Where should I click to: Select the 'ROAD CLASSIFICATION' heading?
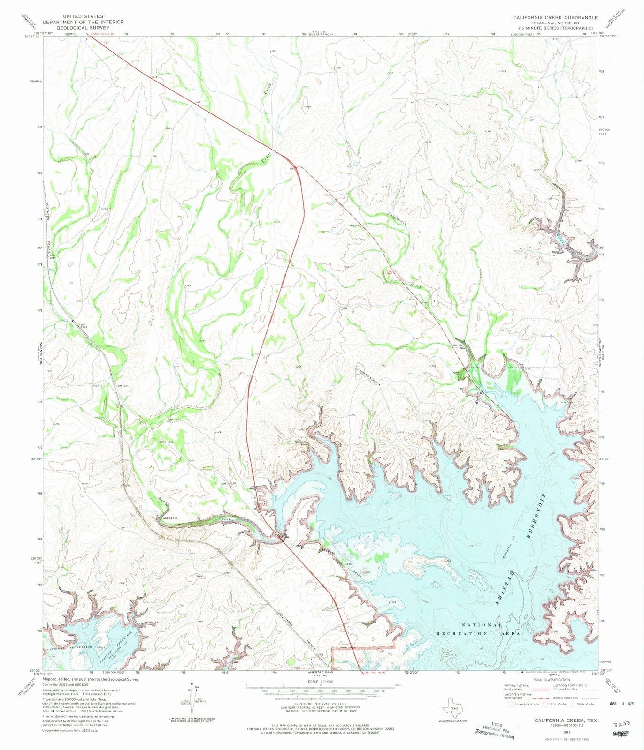tap(551, 680)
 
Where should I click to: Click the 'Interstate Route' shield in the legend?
tap(511, 704)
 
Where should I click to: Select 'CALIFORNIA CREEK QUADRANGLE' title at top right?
tap(555, 17)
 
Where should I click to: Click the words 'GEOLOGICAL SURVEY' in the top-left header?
tap(83, 28)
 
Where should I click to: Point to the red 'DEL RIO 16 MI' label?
tap(376, 672)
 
